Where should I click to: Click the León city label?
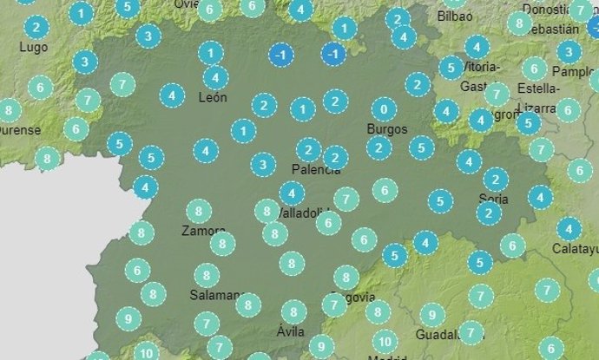pos(213,97)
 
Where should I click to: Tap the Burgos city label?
pos(386,128)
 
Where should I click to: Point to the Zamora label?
pos(204,231)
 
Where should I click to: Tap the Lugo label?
pos(32,46)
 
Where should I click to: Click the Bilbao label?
pos(455,16)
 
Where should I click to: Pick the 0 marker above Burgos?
pos(384,109)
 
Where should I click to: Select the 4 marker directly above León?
pos(215,76)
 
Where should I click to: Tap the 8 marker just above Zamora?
pos(199,211)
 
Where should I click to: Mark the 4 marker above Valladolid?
pos(292,193)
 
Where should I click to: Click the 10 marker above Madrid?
pos(385,341)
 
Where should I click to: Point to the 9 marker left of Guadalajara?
pos(431,315)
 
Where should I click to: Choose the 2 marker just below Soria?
pos(489,213)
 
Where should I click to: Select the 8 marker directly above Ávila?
pos(293,311)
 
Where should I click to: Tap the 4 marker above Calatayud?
pos(569,230)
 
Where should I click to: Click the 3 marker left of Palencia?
pos(263,163)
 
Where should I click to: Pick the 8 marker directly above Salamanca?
pos(207,276)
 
